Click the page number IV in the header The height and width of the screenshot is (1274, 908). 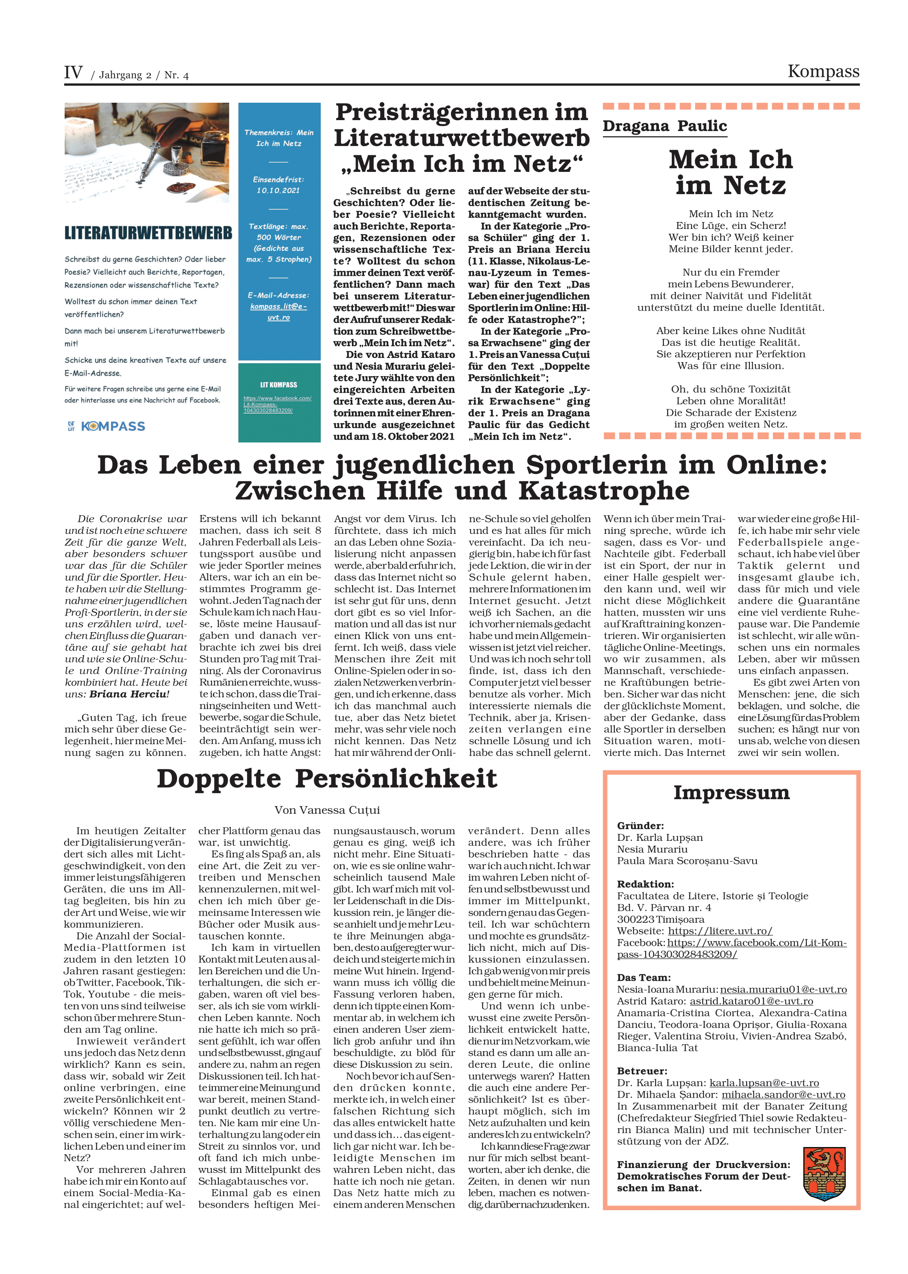(73, 73)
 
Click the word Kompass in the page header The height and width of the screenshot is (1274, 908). (823, 72)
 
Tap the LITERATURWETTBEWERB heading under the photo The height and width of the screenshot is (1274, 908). (148, 233)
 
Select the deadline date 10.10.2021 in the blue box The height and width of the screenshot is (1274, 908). (278, 190)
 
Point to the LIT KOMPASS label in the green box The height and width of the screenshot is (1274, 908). (278, 385)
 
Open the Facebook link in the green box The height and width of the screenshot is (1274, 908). (277, 404)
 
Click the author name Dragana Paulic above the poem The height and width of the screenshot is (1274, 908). (664, 126)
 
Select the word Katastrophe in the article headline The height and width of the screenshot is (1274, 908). (604, 491)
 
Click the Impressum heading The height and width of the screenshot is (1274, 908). (731, 793)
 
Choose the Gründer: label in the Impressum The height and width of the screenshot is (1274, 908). (640, 825)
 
